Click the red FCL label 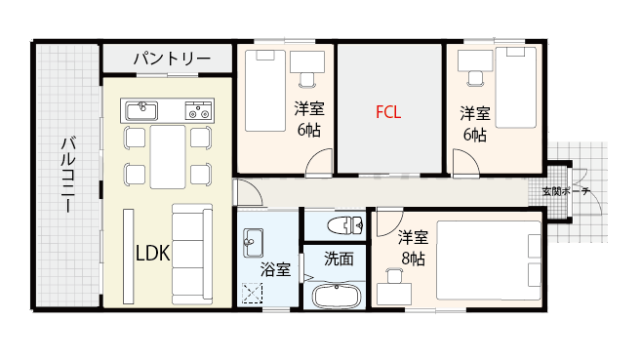coord(389,112)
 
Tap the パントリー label coord(171,60)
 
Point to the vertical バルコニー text coord(68,175)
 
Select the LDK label coord(152,254)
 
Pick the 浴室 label coord(274,268)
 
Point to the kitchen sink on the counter coord(140,107)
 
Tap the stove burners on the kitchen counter coord(200,107)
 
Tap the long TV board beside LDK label coord(127,253)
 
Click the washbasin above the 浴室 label coord(253,239)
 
